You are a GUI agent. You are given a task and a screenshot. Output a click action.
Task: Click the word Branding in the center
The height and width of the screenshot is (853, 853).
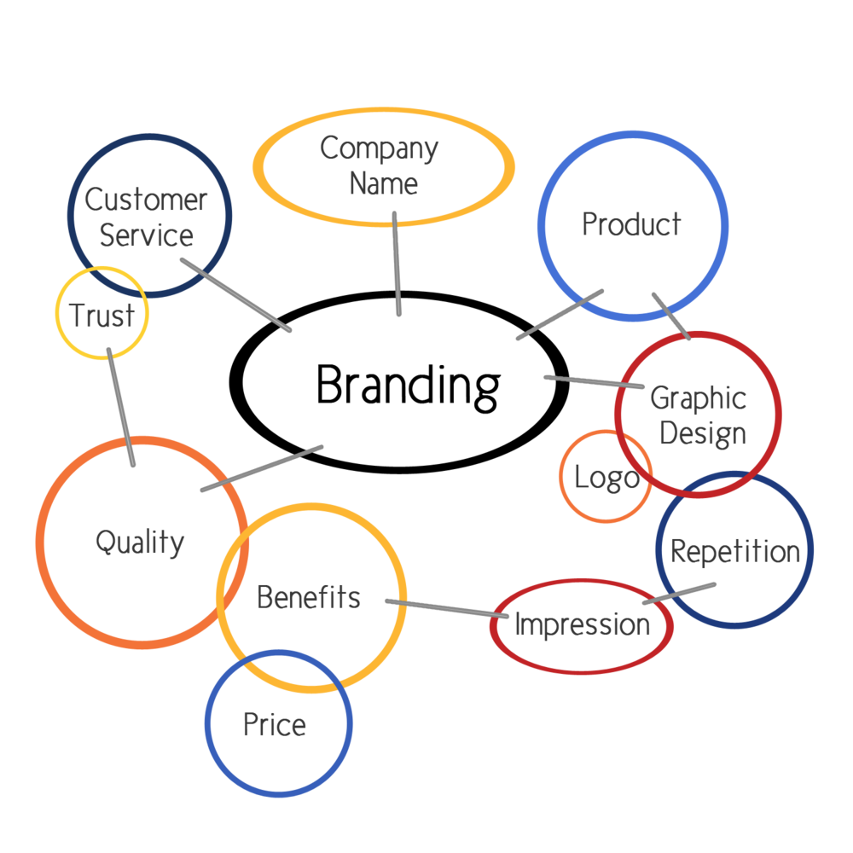click(408, 386)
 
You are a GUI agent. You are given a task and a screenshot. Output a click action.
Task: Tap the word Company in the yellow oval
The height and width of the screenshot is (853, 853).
click(380, 148)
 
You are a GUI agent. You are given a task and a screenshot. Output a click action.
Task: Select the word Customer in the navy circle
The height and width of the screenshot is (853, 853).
click(146, 199)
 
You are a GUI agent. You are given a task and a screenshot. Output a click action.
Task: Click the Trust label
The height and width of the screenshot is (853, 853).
click(102, 315)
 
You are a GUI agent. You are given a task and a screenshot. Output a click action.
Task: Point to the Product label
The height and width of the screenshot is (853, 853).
click(631, 223)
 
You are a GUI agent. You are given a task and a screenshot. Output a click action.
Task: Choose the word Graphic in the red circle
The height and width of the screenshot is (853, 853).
click(698, 398)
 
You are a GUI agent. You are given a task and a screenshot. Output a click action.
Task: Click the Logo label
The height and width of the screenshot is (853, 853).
click(606, 479)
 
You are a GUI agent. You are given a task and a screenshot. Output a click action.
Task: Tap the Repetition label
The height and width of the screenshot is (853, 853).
click(735, 552)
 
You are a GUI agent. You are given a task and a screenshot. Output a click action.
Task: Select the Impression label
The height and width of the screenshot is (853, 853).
click(582, 624)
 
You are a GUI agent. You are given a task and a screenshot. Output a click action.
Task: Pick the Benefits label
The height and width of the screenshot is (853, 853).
click(309, 597)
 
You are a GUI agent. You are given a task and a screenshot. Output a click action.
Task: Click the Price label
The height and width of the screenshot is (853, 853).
click(275, 724)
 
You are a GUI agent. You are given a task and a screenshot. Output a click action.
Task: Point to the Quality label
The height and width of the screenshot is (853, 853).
click(140, 543)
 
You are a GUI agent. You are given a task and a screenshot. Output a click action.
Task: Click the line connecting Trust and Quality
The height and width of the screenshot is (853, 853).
click(121, 407)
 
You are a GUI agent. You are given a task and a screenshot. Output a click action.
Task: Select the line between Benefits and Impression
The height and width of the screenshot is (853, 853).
click(447, 608)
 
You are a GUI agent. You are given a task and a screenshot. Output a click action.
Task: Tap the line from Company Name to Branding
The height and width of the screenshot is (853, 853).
click(397, 264)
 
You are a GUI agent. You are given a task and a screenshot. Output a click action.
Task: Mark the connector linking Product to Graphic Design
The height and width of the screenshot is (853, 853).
click(671, 316)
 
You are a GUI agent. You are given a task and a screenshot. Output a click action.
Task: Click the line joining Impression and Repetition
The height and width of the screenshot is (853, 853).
click(679, 594)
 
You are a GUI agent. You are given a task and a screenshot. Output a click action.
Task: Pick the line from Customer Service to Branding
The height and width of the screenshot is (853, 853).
click(236, 295)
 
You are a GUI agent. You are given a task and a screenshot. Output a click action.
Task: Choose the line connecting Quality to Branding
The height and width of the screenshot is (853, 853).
click(262, 468)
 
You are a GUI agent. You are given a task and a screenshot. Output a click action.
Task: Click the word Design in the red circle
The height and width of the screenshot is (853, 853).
click(702, 433)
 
